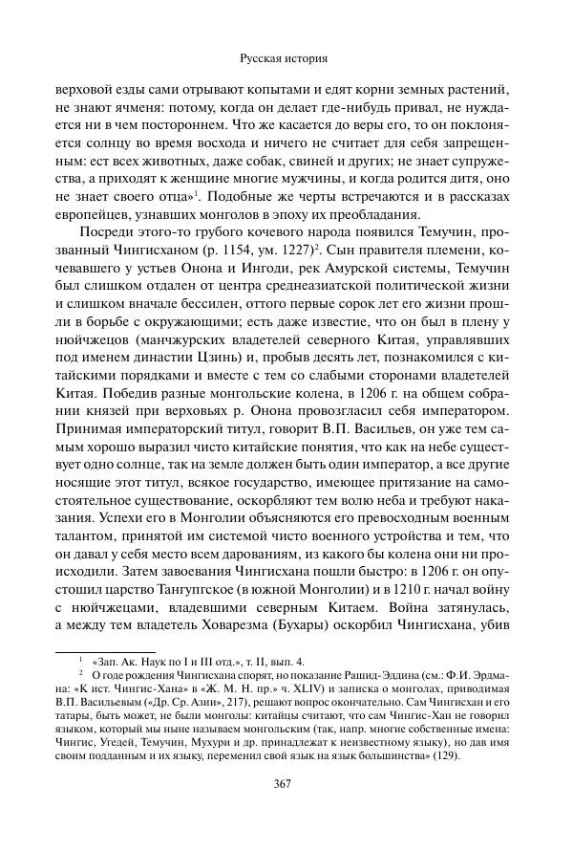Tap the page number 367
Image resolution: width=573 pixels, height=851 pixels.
pos(286,784)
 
